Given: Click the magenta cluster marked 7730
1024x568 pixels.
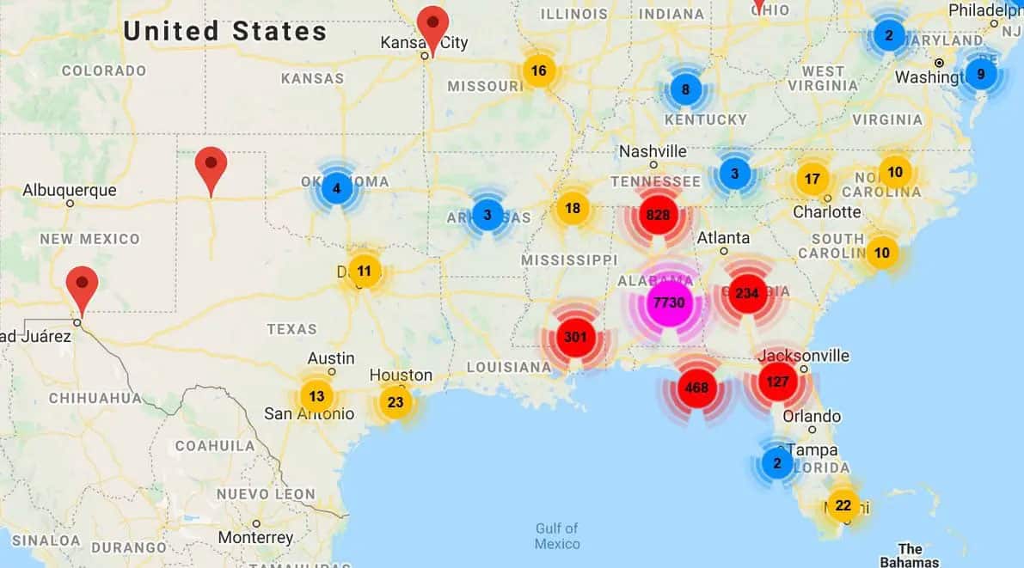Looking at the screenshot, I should (x=669, y=302).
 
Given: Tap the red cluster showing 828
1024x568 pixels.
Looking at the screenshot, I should (x=658, y=215).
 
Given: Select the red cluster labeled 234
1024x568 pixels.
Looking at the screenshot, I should (x=746, y=294).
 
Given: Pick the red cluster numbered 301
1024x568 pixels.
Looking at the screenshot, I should (x=574, y=337).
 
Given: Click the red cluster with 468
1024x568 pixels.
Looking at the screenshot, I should (x=696, y=388).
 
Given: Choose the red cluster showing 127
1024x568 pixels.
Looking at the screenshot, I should (x=777, y=382).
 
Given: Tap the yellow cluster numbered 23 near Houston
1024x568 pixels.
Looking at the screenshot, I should (x=395, y=401).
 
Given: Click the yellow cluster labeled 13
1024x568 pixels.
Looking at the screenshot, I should (x=316, y=396).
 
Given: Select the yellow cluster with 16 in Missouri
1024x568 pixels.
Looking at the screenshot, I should (x=538, y=70).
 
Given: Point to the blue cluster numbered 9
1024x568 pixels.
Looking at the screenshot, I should (x=980, y=74).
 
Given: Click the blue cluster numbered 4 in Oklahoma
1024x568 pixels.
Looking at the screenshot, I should (x=336, y=188).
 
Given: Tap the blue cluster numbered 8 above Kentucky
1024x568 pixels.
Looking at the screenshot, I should (x=685, y=89).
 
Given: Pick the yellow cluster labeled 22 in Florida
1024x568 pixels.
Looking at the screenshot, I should (x=843, y=505).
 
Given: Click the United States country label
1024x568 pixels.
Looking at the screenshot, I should (x=224, y=32).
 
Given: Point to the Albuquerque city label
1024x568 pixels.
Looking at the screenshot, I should (x=70, y=190).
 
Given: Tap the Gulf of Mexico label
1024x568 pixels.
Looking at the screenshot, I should (x=556, y=536).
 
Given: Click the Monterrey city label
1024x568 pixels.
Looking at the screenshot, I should (x=255, y=538).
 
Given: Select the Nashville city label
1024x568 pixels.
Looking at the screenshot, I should (x=653, y=151).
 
